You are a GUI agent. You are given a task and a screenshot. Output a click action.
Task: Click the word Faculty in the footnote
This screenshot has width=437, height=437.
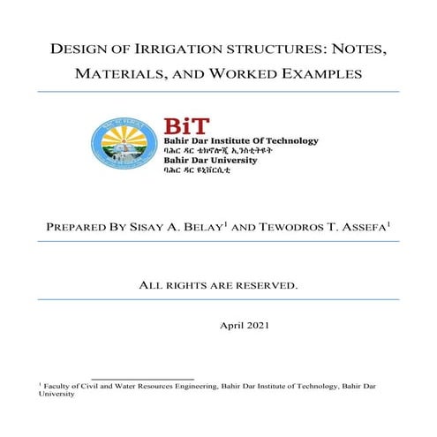tap(58, 386)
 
